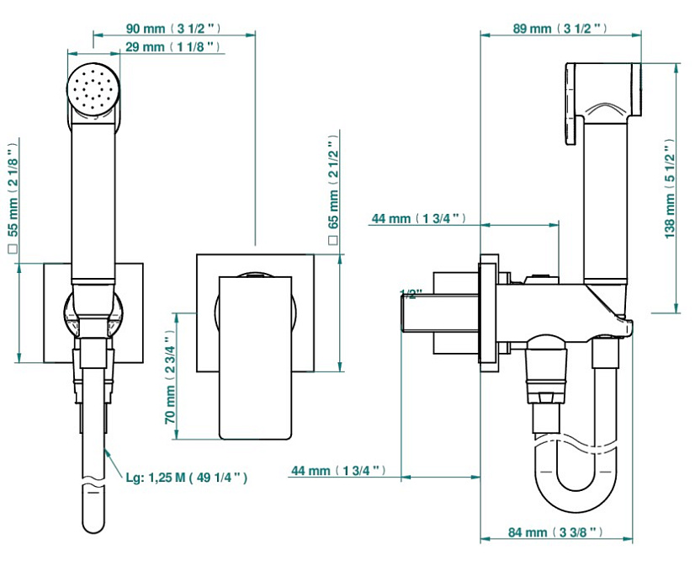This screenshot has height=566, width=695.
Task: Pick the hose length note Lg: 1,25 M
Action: click(187, 478)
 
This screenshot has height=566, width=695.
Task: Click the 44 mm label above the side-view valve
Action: click(418, 219)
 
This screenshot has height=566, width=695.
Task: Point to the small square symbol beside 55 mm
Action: click(13, 249)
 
